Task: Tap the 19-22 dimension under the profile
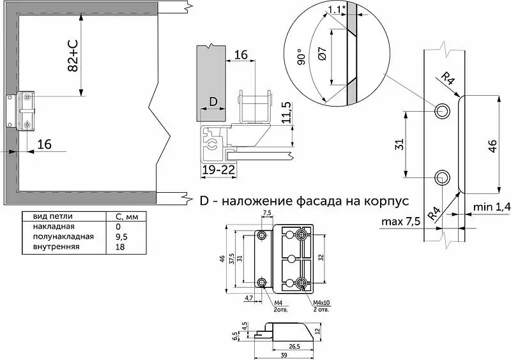[218, 170]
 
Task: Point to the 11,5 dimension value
[286, 112]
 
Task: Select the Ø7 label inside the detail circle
[322, 54]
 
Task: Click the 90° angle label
[301, 57]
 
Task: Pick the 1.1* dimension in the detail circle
[337, 10]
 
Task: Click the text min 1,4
[492, 207]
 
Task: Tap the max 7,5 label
[400, 221]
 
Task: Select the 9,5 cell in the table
[121, 237]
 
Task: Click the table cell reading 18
[120, 246]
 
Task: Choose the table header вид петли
[53, 216]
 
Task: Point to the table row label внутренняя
[56, 246]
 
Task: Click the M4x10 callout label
[321, 303]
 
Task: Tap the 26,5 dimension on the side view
[294, 347]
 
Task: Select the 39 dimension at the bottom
[284, 355]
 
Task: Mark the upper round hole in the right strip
[442, 111]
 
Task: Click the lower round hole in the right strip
[442, 178]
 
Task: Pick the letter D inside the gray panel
[213, 102]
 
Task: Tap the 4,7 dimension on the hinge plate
[248, 297]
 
